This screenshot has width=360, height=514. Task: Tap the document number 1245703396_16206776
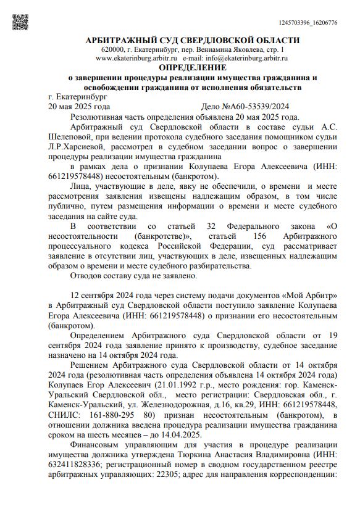(308, 23)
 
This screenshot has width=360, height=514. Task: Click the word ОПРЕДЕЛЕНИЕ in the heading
(193, 67)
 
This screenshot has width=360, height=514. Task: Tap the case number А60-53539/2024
(256, 106)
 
